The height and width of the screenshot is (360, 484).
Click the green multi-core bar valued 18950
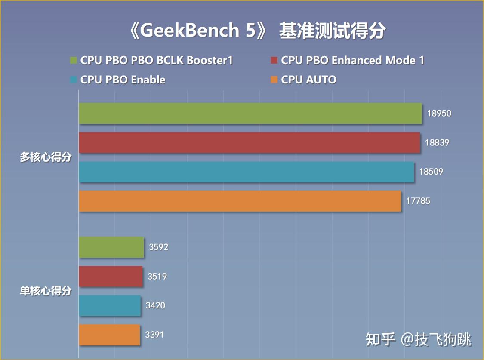click(x=250, y=113)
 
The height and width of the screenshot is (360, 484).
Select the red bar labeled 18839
click(x=250, y=142)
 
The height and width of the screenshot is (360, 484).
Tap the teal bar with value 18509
click(x=247, y=172)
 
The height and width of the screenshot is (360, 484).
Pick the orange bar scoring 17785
click(x=240, y=201)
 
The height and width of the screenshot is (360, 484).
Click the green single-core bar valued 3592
click(x=111, y=247)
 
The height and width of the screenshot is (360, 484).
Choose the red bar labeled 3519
click(x=111, y=277)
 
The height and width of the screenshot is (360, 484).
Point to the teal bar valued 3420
click(x=110, y=305)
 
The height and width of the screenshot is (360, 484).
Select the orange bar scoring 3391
click(x=110, y=335)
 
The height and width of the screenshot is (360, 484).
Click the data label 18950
click(x=439, y=113)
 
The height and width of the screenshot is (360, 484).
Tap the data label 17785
click(x=418, y=201)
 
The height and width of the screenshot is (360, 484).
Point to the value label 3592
click(x=159, y=247)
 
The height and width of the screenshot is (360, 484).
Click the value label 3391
click(x=154, y=335)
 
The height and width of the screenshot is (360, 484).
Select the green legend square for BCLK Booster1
click(x=73, y=60)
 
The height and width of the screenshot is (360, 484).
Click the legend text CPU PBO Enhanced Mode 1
click(x=352, y=60)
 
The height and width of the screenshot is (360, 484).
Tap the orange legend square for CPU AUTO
click(x=274, y=80)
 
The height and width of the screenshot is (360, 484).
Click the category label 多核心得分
click(x=46, y=157)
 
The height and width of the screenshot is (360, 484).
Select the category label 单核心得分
click(x=46, y=291)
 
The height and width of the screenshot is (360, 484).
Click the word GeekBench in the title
click(x=190, y=30)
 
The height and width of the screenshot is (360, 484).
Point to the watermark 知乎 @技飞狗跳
click(x=418, y=339)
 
